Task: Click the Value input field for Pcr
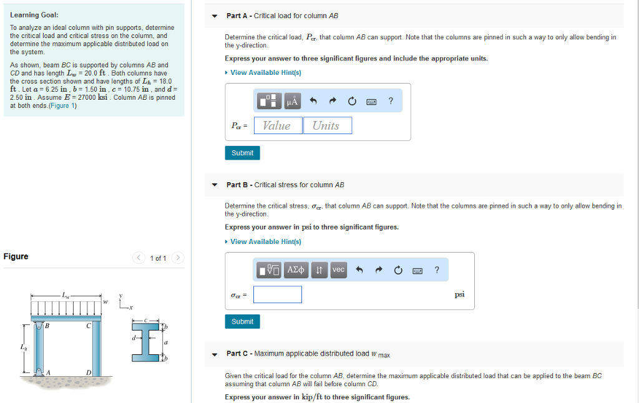point(277,125)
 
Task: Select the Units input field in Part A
point(327,125)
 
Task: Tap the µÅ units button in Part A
point(291,101)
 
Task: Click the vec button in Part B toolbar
point(338,269)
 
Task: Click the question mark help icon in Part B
point(437,269)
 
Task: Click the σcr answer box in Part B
point(277,294)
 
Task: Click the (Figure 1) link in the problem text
point(65,105)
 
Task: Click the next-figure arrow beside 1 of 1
point(178,258)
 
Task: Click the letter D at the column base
point(89,372)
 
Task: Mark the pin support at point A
point(41,372)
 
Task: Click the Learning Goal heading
point(34,15)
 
